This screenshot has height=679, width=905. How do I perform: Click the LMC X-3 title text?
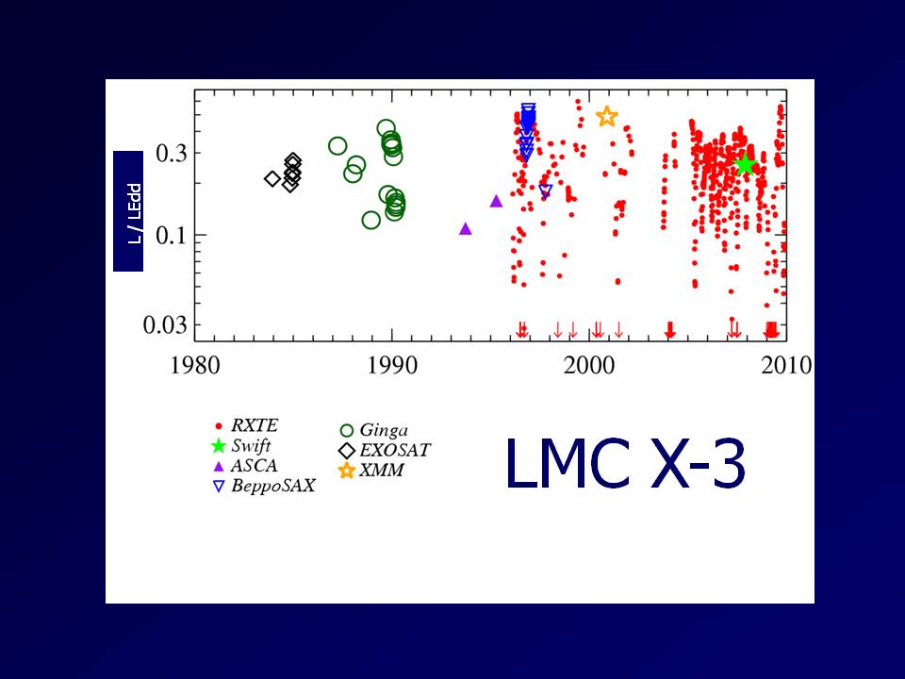626,465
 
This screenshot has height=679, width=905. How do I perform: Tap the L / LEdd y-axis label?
128,211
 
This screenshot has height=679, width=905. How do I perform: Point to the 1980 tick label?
196,365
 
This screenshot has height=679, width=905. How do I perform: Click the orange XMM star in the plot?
606,117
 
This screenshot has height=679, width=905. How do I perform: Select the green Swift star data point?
745,164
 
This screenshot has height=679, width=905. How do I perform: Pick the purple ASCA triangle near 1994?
465,228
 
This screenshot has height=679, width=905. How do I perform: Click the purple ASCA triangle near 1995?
496,201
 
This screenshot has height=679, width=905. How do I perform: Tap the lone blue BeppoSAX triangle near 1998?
545,191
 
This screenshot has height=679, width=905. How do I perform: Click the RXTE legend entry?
251,426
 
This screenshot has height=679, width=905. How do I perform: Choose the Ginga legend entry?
371,431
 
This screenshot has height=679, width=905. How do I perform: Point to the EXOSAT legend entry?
383,451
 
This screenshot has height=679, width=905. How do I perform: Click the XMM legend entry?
371,470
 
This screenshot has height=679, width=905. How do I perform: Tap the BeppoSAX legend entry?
263,487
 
